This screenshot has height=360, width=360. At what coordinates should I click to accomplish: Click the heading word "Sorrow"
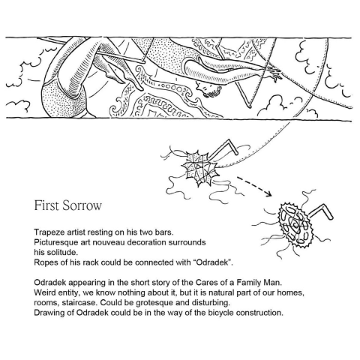(82, 205)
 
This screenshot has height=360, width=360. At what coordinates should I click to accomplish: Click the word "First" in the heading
(46, 205)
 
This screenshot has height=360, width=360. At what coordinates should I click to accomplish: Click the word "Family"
(249, 283)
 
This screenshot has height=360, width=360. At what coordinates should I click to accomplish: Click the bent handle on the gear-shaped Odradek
(322, 212)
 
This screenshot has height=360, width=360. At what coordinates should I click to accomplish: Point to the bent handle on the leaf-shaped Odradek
(224, 148)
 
